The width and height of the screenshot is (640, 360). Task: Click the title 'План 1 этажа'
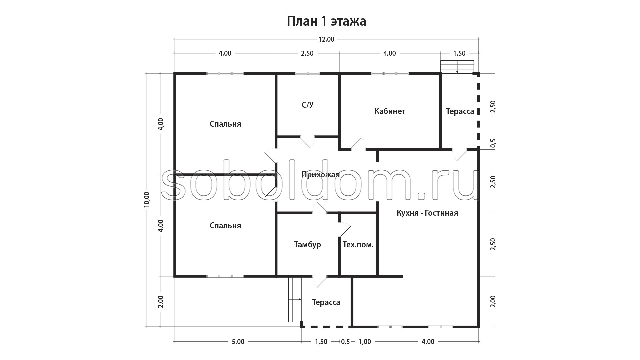pyautogui.click(x=326, y=21)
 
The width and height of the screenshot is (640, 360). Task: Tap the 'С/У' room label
pyautogui.click(x=308, y=105)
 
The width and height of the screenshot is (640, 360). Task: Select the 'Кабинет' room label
pyautogui.click(x=390, y=111)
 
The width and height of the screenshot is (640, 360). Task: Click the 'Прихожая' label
pyautogui.click(x=321, y=175)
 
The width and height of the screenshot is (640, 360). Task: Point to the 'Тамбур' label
pyautogui.click(x=307, y=245)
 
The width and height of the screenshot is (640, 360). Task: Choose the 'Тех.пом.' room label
pyautogui.click(x=358, y=245)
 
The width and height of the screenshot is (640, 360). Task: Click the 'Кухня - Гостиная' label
pyautogui.click(x=427, y=213)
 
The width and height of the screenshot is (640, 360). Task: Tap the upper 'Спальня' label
pyautogui.click(x=225, y=124)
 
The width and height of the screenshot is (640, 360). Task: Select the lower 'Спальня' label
pyautogui.click(x=225, y=226)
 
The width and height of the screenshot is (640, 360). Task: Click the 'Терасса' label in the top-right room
pyautogui.click(x=460, y=111)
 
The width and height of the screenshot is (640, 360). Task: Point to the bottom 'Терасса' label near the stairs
pyautogui.click(x=326, y=302)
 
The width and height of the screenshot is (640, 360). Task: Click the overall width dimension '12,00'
pyautogui.click(x=326, y=39)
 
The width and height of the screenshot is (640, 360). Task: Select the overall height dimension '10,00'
pyautogui.click(x=147, y=199)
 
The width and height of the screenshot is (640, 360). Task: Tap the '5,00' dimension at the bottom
pyautogui.click(x=238, y=342)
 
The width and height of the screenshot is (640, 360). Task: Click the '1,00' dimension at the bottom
pyautogui.click(x=365, y=342)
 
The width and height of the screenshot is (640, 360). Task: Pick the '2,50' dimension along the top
pyautogui.click(x=307, y=53)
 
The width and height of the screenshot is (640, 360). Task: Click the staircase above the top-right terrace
pyautogui.click(x=457, y=67)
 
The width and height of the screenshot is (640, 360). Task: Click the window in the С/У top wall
pyautogui.click(x=308, y=73)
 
